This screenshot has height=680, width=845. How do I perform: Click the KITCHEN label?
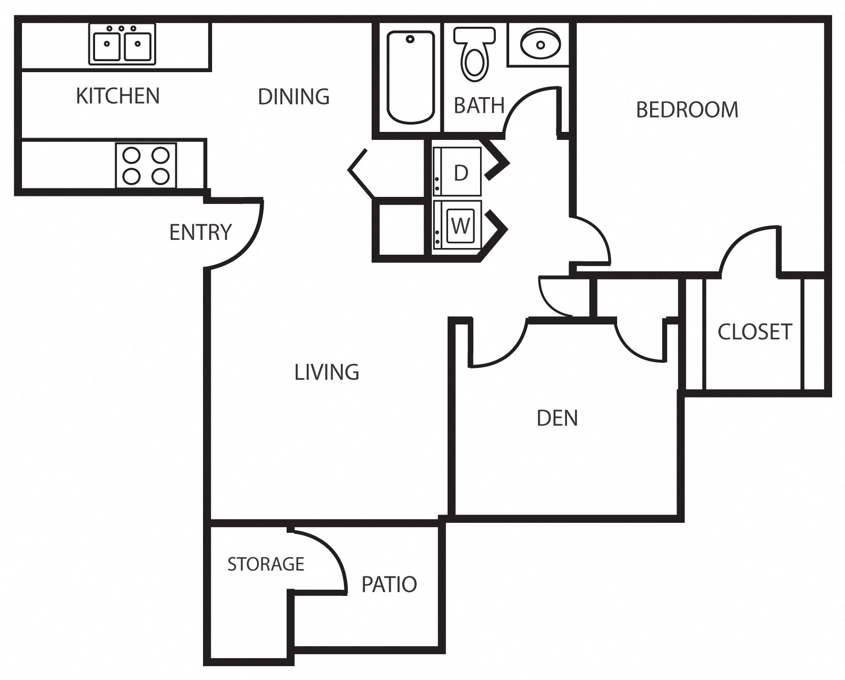click(x=118, y=96)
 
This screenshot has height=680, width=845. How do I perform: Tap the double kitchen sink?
click(x=122, y=44)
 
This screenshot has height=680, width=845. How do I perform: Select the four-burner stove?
click(x=146, y=165)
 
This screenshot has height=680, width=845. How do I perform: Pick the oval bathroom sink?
click(x=540, y=44)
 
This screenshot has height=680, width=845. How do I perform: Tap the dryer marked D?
click(x=458, y=172)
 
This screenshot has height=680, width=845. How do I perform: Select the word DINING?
click(x=293, y=97)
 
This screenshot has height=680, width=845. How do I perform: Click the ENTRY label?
click(x=200, y=232)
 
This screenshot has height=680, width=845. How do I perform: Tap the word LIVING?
click(x=326, y=372)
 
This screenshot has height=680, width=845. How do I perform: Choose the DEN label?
click(x=557, y=418)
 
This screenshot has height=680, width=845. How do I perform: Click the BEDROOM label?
click(x=686, y=110)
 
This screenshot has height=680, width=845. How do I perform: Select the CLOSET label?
click(x=754, y=332)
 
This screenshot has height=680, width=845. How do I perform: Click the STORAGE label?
click(x=266, y=564)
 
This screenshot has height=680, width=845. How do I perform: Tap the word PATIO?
click(x=389, y=584)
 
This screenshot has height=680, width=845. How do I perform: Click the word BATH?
click(x=479, y=106)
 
